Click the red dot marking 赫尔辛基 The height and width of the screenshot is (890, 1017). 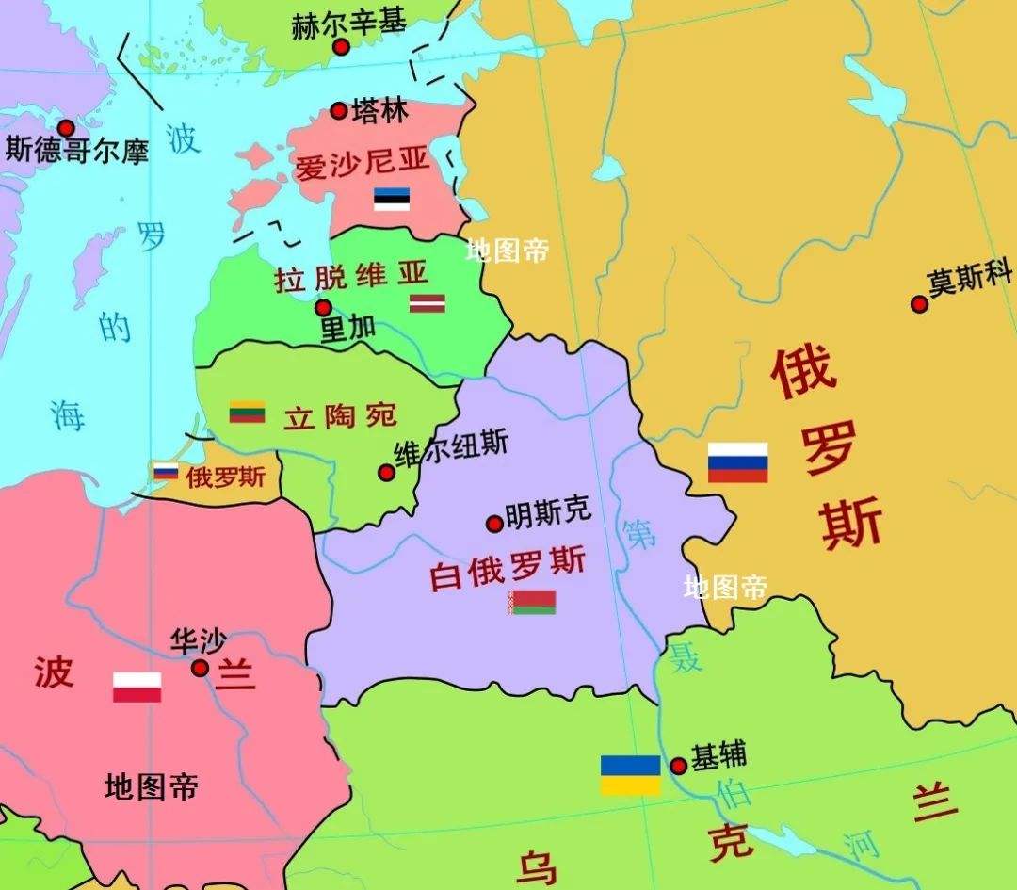pos(341,46)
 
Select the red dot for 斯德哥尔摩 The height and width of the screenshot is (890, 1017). pos(66,127)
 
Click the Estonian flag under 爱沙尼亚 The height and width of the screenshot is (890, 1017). pos(391,199)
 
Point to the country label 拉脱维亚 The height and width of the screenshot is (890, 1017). pos(351,276)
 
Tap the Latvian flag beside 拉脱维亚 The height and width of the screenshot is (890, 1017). pos(427,302)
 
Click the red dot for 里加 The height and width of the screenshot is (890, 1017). pos(323,307)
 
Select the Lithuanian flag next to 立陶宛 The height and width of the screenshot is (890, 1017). pos(247,412)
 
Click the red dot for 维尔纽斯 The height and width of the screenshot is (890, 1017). pos(386,472)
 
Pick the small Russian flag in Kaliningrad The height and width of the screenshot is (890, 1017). pos(166,471)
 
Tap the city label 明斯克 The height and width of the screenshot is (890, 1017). pos(548,512)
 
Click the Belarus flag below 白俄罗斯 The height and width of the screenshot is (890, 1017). pos(533,602)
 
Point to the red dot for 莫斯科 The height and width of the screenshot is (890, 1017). pos(919,303)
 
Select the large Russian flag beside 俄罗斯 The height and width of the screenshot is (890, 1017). pos(737,462)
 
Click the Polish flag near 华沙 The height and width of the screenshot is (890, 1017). pos(137,687)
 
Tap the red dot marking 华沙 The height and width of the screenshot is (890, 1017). pos(200,668)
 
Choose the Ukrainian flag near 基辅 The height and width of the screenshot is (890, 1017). pos(630,774)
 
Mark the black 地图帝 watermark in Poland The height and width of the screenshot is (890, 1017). pos(152,786)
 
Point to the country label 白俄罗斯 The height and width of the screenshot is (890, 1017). pos(508,567)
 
